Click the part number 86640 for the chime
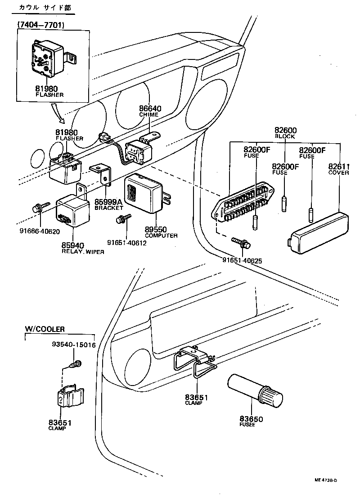click(x=150, y=109)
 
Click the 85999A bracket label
click(x=108, y=202)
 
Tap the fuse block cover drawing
click(x=320, y=230)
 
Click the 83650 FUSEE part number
click(x=251, y=419)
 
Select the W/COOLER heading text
click(x=45, y=330)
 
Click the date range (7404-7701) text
click(x=40, y=25)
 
